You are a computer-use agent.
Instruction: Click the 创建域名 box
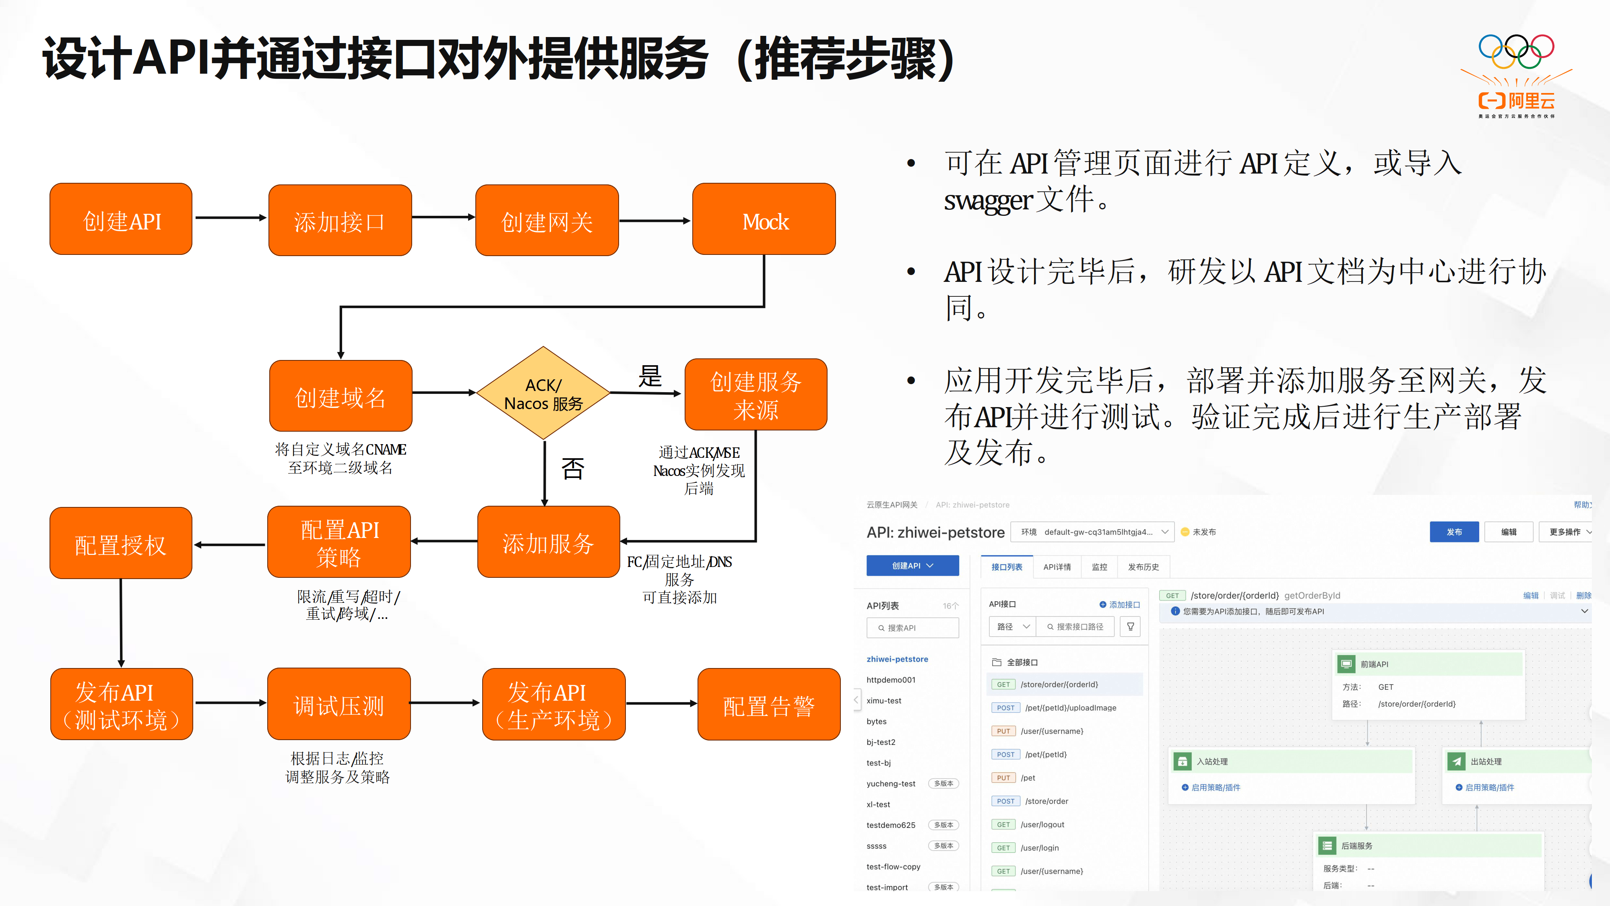(x=341, y=396)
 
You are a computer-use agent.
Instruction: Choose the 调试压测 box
(x=339, y=705)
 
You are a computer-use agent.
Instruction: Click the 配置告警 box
(x=769, y=705)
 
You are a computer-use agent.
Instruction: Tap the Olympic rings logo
(x=1516, y=51)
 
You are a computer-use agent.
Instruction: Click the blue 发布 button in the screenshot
(x=1454, y=532)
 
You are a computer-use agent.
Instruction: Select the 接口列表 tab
(x=1006, y=567)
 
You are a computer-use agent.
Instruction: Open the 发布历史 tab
(x=1143, y=567)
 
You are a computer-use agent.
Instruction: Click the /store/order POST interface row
(x=1046, y=801)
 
